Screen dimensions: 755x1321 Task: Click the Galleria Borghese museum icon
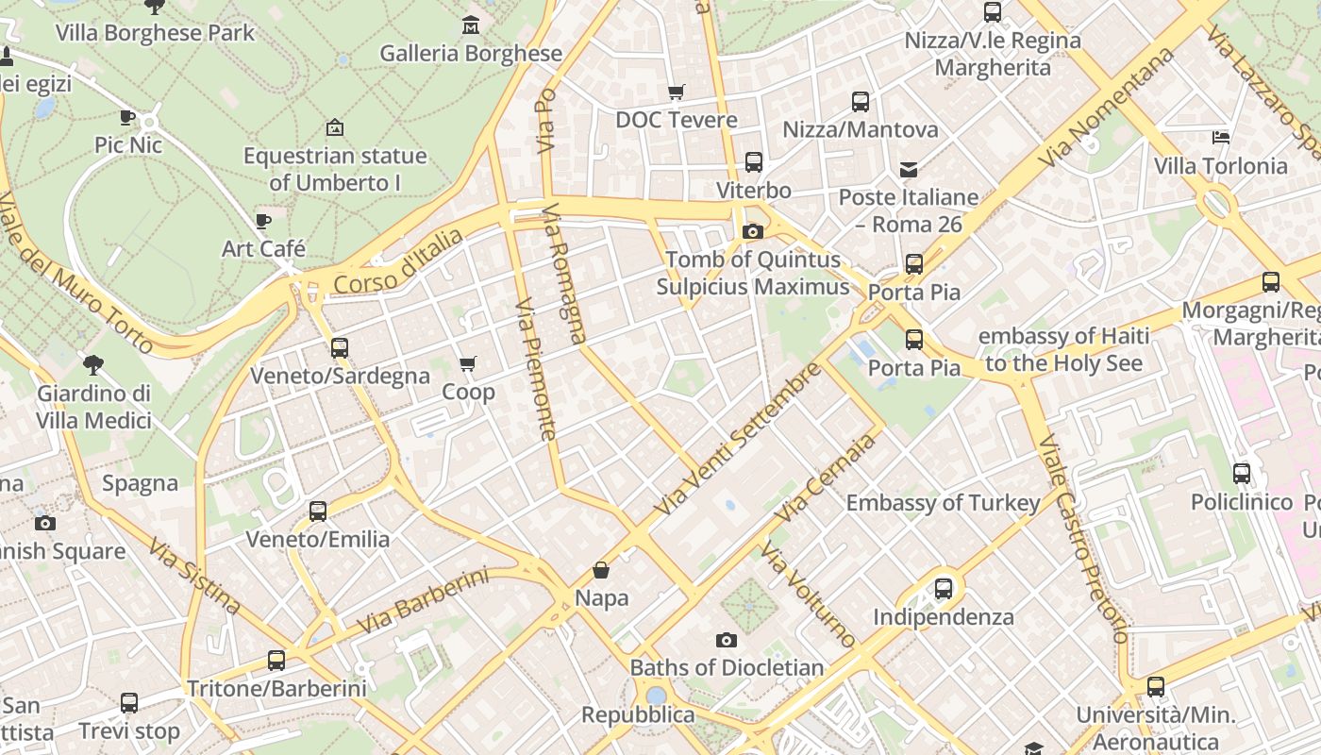[x=471, y=25]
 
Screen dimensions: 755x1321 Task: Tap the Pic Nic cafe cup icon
[x=128, y=117]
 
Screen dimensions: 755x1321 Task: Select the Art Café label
[x=263, y=249]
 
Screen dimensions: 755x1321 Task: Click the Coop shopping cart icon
[x=467, y=363]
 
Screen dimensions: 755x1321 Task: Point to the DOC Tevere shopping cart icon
[x=676, y=92]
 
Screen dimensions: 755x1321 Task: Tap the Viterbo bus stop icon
[x=753, y=161]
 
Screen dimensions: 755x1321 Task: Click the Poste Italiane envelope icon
[x=908, y=170]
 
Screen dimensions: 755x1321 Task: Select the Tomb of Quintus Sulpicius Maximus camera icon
[x=752, y=231]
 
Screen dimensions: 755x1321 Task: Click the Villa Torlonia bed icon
[x=1221, y=138]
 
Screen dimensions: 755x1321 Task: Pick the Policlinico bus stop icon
[x=1242, y=474]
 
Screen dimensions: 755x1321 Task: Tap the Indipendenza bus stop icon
[x=943, y=589]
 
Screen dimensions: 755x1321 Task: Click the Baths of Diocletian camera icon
[x=726, y=640]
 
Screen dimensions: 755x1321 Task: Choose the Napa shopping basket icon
[x=601, y=570]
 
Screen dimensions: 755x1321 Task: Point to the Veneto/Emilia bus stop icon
[x=318, y=512]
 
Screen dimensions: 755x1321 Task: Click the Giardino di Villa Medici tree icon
[x=93, y=364]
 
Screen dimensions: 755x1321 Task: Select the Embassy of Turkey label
[x=943, y=503]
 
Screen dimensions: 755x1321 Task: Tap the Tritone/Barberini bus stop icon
[x=276, y=661]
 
